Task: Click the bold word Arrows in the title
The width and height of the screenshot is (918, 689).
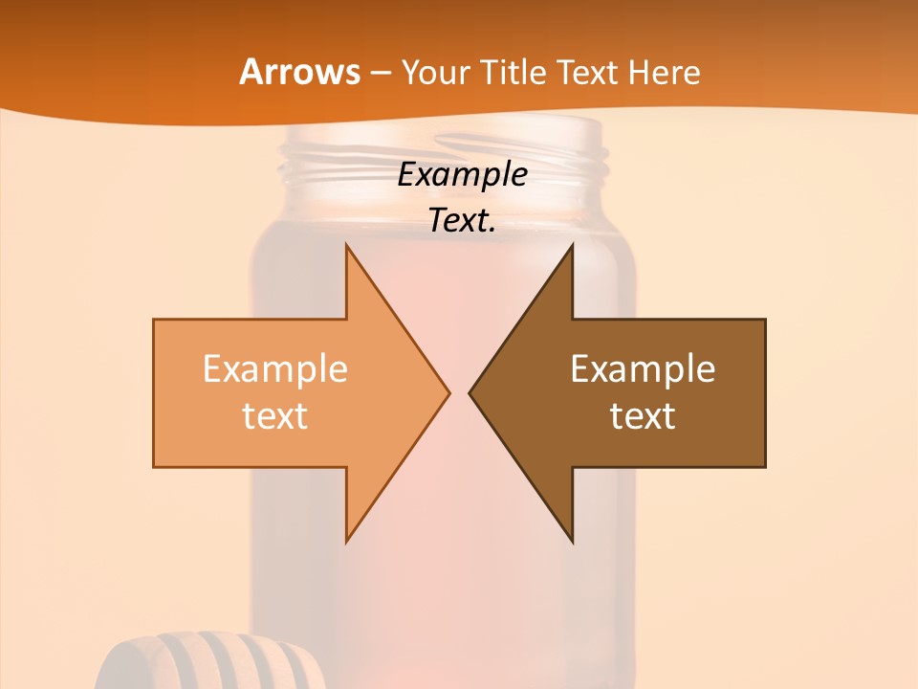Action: coord(300,73)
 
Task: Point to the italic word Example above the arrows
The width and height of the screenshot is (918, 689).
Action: coord(463,175)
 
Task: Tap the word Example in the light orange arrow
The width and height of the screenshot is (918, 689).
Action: coord(275,369)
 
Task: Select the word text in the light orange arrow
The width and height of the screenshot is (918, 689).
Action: coord(275,416)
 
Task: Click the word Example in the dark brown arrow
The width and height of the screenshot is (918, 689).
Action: coord(643,369)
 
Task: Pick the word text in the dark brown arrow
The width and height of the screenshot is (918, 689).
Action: coord(643,416)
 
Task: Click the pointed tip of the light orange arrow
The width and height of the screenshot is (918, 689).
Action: coord(448,392)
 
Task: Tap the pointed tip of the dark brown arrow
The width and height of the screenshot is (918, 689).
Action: coord(470,392)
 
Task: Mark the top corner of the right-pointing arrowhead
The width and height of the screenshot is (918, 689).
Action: coord(346,245)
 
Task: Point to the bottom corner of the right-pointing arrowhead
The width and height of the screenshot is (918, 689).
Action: coord(346,541)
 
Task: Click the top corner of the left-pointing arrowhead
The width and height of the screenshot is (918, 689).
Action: coord(572,245)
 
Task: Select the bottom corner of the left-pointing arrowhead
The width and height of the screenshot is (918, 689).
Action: coord(572,541)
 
